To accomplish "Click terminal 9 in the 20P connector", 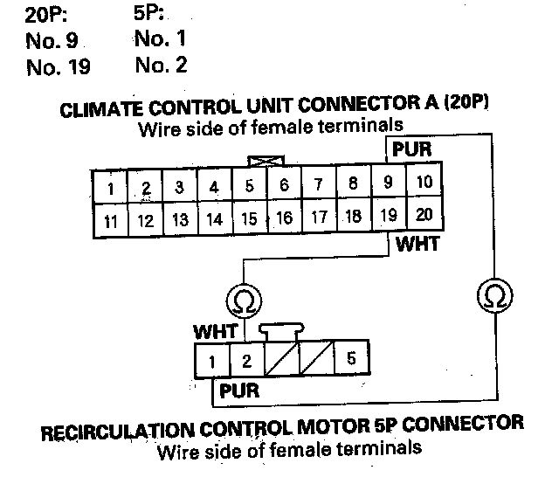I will tap(389, 183).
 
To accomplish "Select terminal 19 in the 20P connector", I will tap(389, 216).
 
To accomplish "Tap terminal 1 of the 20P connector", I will tap(111, 188).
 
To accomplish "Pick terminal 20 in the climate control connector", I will tap(424, 215).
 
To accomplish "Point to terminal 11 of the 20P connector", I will tap(111, 221).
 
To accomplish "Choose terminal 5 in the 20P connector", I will tap(249, 185).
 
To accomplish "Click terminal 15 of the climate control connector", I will tap(249, 218).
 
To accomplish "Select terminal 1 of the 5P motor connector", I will tap(211, 360).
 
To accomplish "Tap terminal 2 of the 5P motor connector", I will tap(246, 359).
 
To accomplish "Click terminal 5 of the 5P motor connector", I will tap(350, 358).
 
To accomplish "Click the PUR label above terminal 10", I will tap(411, 149).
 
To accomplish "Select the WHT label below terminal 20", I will tap(417, 245).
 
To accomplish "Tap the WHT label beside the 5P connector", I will tap(212, 332).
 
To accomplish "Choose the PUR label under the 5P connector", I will tap(238, 391).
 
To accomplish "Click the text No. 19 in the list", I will tap(58, 67).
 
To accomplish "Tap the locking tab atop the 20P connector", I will tap(259, 162).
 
